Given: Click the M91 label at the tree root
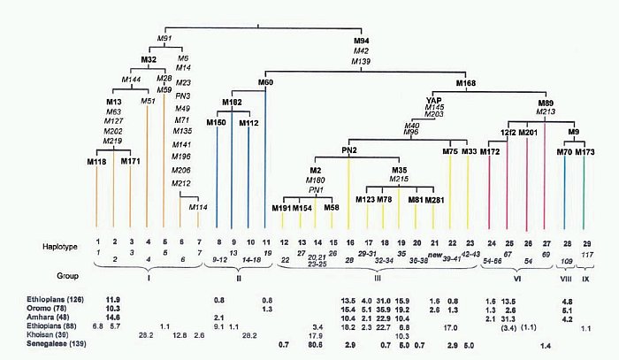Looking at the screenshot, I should (x=164, y=39).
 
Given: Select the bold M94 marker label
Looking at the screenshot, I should (x=361, y=41).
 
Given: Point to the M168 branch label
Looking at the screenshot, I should (x=467, y=82).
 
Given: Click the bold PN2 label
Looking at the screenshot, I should (x=349, y=151).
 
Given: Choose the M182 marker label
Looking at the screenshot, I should (x=232, y=103).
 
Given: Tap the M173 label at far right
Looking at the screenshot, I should (x=585, y=152).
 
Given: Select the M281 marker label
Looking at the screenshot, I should (x=434, y=201).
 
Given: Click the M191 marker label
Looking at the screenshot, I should (x=281, y=208).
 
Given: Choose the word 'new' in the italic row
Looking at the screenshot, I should (x=434, y=254).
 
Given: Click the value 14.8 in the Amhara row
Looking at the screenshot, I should (x=112, y=317).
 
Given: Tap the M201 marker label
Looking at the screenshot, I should (x=528, y=133).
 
